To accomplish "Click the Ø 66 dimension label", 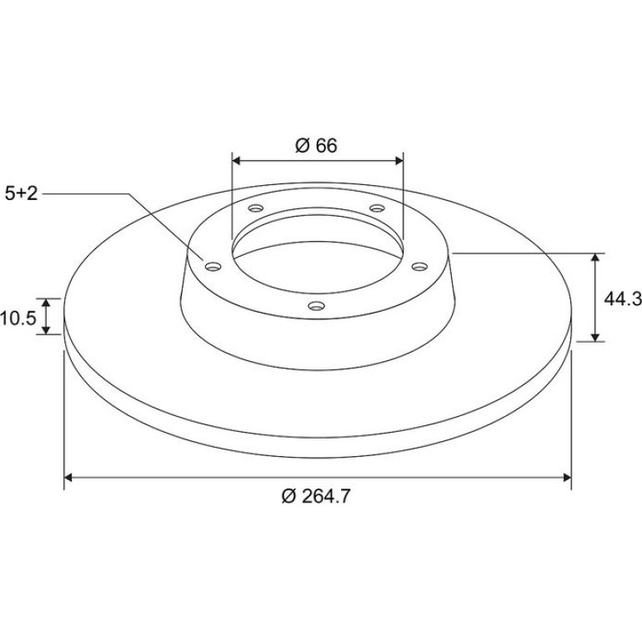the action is pos(316,146).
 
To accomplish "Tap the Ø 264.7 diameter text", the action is pos(316,497).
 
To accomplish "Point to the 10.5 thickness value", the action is pos(18,318).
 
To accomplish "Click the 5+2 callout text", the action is pos(22,193).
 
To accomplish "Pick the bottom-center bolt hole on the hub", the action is pos(317,305).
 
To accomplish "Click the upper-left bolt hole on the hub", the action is pos(256,208).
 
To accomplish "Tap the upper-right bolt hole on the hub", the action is pos(377,208).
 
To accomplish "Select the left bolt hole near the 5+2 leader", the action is pos(213,267).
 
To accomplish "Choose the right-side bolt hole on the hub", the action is pos(419,267).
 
